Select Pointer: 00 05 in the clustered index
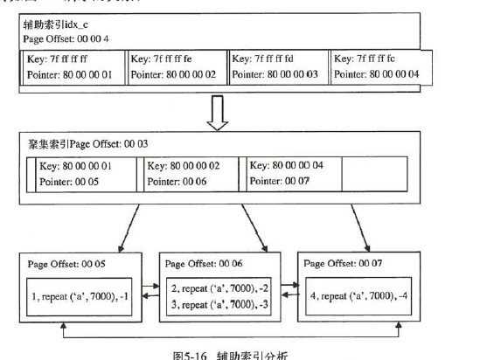pos(73,183)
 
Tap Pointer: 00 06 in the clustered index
pos(177,183)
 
